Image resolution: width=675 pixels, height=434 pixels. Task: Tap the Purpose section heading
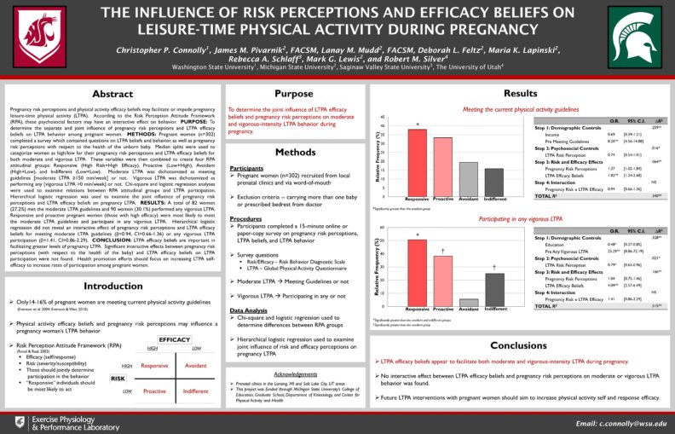click(293, 94)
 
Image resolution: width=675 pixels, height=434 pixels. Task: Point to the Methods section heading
click(293, 152)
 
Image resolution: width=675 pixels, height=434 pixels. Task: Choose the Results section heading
click(519, 93)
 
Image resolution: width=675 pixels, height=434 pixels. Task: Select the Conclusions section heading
click(519, 345)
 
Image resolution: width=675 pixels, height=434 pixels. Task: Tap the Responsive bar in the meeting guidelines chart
click(417, 163)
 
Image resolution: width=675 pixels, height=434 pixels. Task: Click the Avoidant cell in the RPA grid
click(196, 364)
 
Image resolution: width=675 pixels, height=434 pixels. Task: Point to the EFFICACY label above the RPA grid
click(174, 339)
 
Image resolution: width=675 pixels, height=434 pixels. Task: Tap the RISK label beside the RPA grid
click(118, 378)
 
